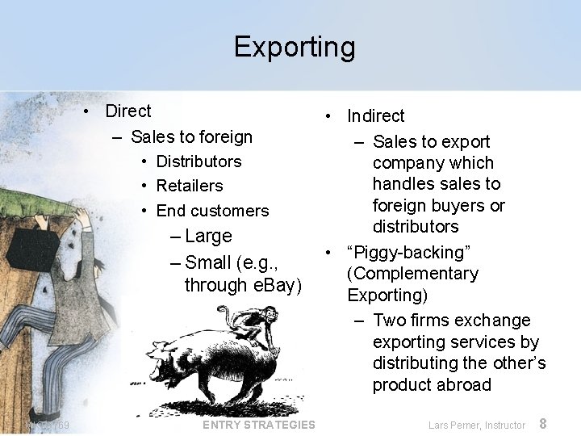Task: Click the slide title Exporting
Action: coord(294,47)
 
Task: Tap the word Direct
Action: coord(128,111)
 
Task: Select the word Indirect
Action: coord(375,116)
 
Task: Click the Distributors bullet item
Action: coord(199,161)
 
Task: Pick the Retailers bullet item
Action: coord(189,186)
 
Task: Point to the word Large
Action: coord(208,236)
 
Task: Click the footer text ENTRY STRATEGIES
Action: coord(259,425)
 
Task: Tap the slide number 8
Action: coord(543,424)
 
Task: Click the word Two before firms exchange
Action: coord(392,321)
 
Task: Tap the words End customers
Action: coord(212,211)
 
